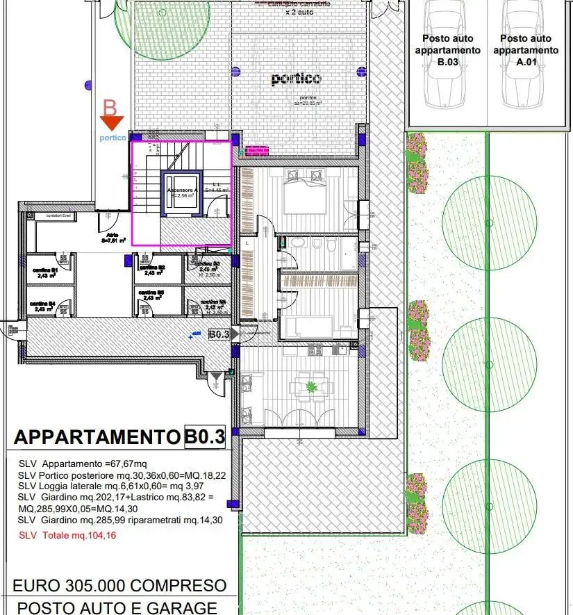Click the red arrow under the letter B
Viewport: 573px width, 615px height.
click(x=111, y=124)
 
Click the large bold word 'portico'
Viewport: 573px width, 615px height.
click(x=296, y=79)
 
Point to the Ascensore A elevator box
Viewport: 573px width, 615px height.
click(x=181, y=195)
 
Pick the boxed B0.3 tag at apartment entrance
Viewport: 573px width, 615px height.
click(x=219, y=334)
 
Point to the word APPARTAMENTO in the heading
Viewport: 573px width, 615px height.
click(x=97, y=438)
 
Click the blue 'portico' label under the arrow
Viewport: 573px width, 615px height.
click(x=113, y=138)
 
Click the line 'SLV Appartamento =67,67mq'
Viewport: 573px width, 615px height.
click(x=83, y=464)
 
